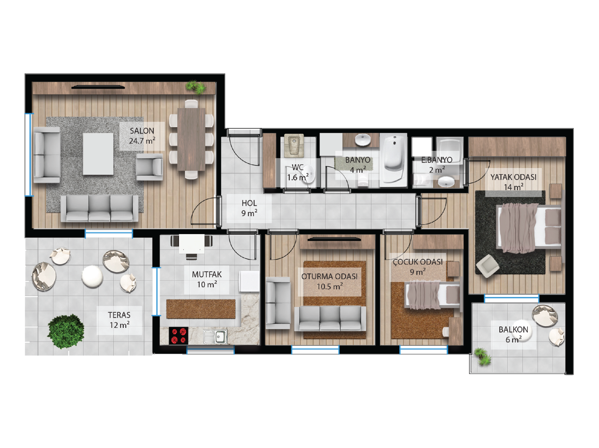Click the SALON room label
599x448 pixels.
142,136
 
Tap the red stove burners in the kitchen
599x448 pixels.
179,335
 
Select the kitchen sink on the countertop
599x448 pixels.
215,336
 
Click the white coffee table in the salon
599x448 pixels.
98,154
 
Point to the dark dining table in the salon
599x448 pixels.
191,139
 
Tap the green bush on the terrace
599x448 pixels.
66,331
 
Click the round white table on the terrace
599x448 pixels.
92,276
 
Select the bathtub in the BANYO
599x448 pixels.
393,160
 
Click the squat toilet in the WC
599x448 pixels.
294,146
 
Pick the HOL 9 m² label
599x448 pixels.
249,208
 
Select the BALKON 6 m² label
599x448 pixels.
513,334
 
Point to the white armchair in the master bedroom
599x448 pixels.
488,266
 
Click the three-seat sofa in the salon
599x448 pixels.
100,208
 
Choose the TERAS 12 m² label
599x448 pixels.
120,320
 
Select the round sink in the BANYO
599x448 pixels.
363,139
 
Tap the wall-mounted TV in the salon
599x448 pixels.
98,87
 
